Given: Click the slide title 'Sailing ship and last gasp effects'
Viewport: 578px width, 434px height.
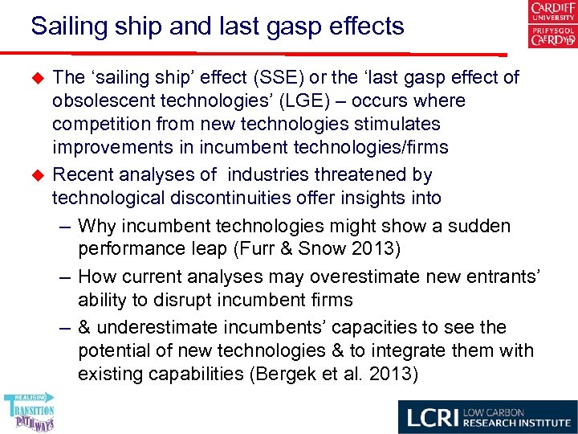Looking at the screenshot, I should (x=217, y=27).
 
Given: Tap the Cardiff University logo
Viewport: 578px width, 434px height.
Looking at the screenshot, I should (x=552, y=25).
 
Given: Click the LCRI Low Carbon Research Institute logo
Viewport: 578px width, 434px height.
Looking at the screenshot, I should (x=486, y=417).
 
